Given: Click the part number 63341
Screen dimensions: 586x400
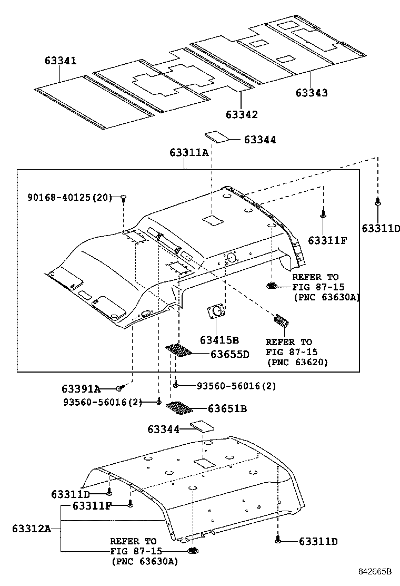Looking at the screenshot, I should click(x=60, y=61).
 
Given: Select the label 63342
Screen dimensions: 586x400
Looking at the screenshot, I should click(x=242, y=114).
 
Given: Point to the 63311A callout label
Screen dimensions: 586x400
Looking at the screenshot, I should click(x=189, y=152).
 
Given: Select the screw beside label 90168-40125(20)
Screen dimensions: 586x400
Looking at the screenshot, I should click(x=123, y=198).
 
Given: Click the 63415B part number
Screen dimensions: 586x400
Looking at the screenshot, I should click(x=219, y=340).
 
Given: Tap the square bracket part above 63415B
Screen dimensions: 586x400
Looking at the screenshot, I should click(x=215, y=311).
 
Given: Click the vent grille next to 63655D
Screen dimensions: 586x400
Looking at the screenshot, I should click(x=178, y=350).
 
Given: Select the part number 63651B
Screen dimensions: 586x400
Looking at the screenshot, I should click(x=227, y=408).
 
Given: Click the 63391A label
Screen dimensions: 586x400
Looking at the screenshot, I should click(x=81, y=389).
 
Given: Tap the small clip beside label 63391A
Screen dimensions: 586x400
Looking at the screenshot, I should click(x=121, y=388).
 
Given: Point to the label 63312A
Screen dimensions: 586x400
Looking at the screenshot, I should click(x=31, y=529).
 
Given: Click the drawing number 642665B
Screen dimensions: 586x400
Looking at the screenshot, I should click(x=376, y=571).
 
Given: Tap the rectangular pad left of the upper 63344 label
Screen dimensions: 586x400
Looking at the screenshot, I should click(x=216, y=136).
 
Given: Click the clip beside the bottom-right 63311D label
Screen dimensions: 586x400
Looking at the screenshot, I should click(x=277, y=541).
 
